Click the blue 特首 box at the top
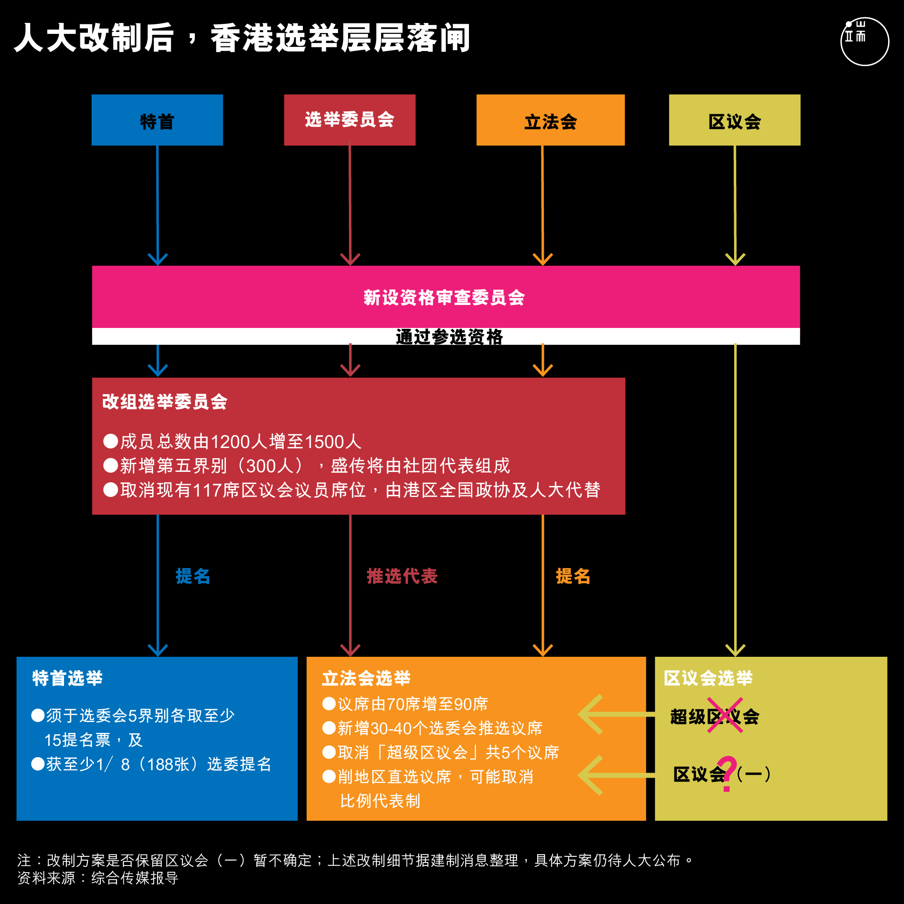tap(157, 120)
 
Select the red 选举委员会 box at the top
tap(350, 120)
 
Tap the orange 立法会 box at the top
tap(550, 120)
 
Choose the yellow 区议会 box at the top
tap(735, 120)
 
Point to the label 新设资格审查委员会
tap(444, 297)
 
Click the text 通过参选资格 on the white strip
tap(449, 337)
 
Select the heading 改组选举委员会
tap(165, 402)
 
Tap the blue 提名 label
tap(193, 576)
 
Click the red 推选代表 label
tap(402, 576)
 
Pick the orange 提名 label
tap(573, 576)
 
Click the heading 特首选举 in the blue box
tap(67, 678)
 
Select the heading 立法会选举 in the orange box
tap(366, 678)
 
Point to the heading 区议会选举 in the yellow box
tap(708, 678)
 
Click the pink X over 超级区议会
tap(725, 715)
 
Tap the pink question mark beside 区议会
tap(727, 774)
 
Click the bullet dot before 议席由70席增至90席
tap(329, 703)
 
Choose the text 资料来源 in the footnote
tap(46, 878)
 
